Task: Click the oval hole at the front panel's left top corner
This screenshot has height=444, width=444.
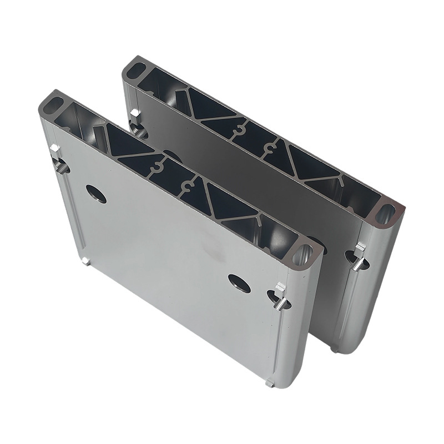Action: (54, 104)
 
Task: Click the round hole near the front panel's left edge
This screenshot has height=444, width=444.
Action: (96, 193)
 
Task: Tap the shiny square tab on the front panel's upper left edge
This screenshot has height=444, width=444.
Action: (54, 150)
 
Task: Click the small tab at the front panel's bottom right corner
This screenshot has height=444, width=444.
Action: (270, 382)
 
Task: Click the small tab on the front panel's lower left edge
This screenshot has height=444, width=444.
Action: (84, 261)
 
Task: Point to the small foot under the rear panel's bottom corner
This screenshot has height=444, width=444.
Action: (335, 349)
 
